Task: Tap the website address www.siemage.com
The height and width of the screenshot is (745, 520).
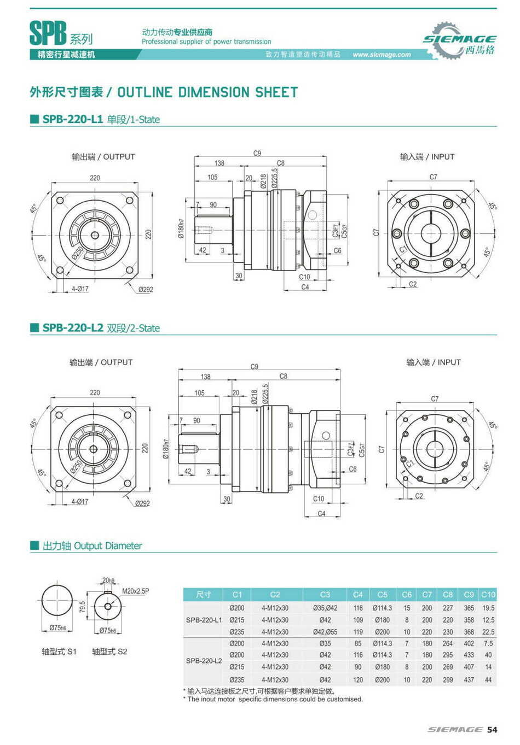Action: pos(382,55)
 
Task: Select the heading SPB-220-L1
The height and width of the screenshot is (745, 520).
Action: pos(72,119)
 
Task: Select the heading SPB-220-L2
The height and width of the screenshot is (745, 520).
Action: pos(72,328)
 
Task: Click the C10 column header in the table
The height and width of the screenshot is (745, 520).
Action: pos(488,595)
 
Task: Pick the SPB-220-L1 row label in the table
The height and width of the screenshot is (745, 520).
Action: pos(204,620)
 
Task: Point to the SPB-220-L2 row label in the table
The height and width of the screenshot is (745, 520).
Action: pos(204,661)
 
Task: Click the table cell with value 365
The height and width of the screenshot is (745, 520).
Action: pos(469,608)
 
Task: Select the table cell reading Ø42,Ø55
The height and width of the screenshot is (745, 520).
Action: pos(325,632)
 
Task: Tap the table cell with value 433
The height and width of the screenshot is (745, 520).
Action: pos(469,655)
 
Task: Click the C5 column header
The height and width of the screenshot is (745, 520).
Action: pos(382,595)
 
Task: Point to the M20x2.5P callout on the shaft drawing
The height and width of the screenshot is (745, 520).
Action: pos(135,591)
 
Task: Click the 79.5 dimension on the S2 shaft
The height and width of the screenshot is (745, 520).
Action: pos(83,607)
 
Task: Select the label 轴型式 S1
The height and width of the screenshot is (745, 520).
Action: pos(59,652)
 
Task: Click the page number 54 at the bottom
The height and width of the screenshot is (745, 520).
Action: pos(492,730)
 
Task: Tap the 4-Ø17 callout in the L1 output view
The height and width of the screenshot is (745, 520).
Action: pos(80,289)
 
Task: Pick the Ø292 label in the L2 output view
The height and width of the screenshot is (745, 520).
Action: pos(142,503)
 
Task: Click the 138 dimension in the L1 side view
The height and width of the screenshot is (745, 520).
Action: pos(219,163)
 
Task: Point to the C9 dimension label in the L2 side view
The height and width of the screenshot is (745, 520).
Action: pos(254,366)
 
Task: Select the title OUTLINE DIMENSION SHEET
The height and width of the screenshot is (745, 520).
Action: pos(207,92)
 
